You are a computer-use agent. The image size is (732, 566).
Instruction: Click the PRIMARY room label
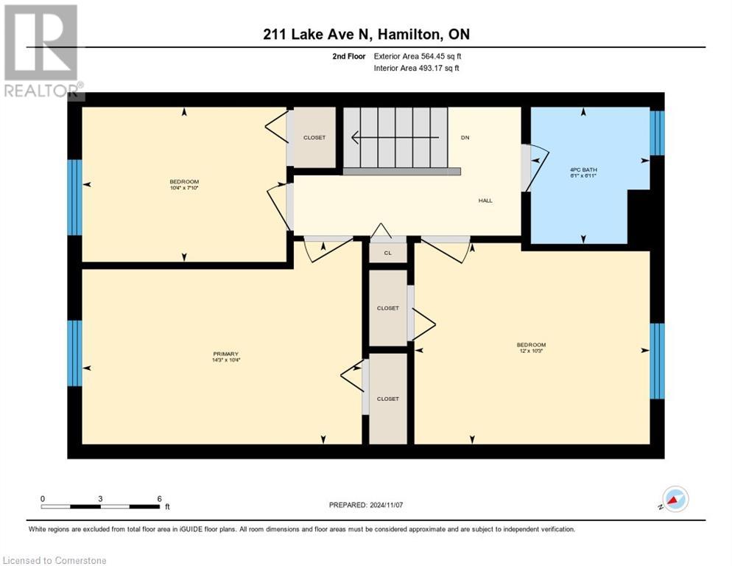tap(227, 354)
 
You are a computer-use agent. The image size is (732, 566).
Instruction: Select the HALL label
tap(485, 200)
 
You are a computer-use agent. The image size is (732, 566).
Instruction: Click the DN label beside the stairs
tap(465, 138)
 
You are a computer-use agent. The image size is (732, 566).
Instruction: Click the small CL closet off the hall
tap(388, 253)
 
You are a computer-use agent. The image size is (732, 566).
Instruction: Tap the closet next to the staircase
tap(314, 138)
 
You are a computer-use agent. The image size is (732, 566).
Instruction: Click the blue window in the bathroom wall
tap(657, 133)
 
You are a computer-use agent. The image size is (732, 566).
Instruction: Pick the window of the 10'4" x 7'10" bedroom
tap(74, 198)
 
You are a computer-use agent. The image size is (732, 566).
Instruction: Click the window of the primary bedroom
tap(74, 353)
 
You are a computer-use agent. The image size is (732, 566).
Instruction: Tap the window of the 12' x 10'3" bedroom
tap(657, 360)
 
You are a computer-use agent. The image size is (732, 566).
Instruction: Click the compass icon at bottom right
tap(675, 499)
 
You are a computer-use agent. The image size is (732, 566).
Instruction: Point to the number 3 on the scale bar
tap(99, 499)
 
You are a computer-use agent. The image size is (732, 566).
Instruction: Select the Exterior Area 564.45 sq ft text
tap(418, 56)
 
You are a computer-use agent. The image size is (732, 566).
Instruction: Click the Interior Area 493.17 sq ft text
tap(418, 69)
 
